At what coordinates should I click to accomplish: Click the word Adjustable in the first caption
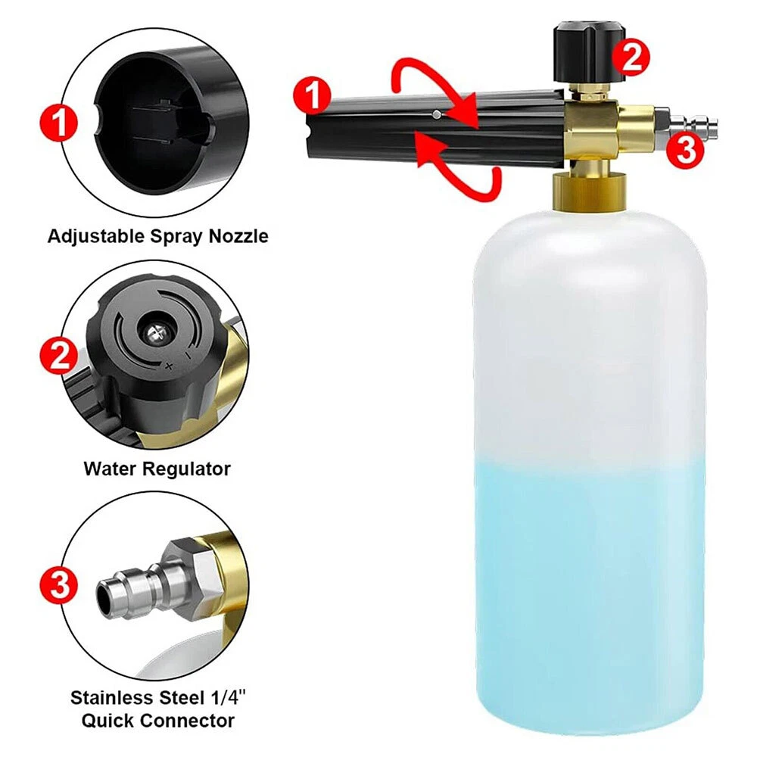point(96,236)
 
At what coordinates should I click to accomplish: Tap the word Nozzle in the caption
point(238,236)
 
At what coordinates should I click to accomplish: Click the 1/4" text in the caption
point(228,698)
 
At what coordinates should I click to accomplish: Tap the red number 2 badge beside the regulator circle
point(59,356)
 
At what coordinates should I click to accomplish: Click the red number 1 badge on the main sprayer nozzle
point(313,96)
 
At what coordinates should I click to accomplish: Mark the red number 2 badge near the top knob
point(631,58)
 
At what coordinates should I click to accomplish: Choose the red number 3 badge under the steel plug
point(685,150)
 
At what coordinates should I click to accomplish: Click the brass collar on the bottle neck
point(590,192)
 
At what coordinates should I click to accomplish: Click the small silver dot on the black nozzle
point(437,115)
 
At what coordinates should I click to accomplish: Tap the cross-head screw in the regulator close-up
point(155,332)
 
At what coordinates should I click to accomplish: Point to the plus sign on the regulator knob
point(169,366)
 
